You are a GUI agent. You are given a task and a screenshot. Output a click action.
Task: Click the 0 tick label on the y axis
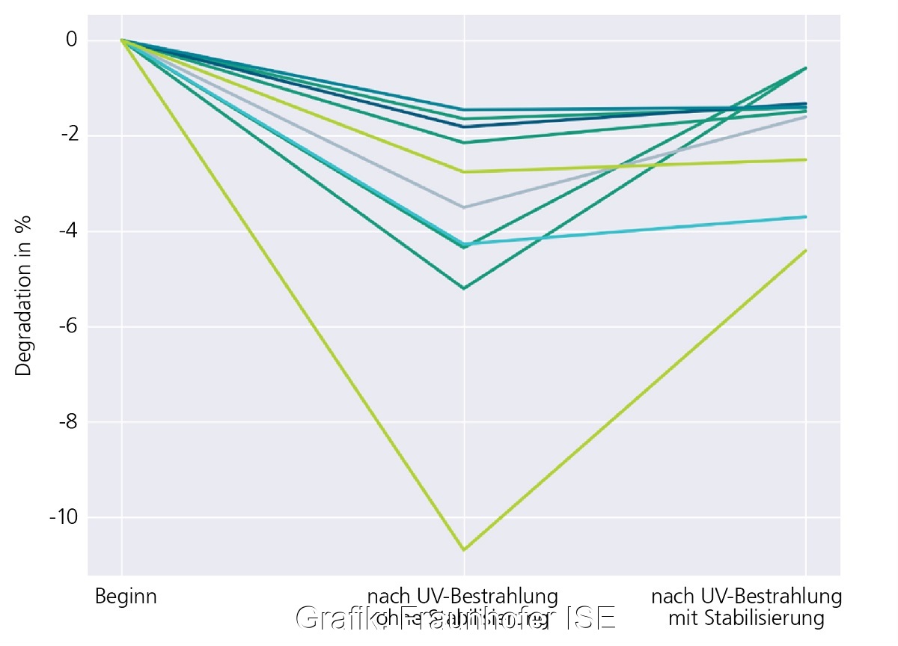tap(71, 40)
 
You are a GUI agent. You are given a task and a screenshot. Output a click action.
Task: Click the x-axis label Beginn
tap(126, 597)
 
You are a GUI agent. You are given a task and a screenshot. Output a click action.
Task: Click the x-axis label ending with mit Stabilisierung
tap(746, 608)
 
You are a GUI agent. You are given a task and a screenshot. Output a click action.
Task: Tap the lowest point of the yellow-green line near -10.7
tap(464, 550)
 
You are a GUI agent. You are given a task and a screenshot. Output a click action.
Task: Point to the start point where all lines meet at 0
tap(122, 40)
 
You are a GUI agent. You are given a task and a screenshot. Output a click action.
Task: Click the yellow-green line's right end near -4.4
tap(806, 250)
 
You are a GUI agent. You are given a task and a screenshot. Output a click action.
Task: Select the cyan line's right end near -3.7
tap(806, 217)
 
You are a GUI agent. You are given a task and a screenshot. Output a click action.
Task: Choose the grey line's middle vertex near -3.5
tap(464, 207)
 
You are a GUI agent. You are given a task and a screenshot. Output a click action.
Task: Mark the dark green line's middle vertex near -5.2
tap(464, 288)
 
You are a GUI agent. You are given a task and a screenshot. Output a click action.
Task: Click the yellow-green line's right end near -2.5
tap(806, 159)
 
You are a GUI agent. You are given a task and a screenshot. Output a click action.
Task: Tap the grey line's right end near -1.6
tap(806, 117)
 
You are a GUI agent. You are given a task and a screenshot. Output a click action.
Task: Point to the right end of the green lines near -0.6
tap(806, 68)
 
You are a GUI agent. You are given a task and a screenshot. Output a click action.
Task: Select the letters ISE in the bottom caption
tap(591, 618)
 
